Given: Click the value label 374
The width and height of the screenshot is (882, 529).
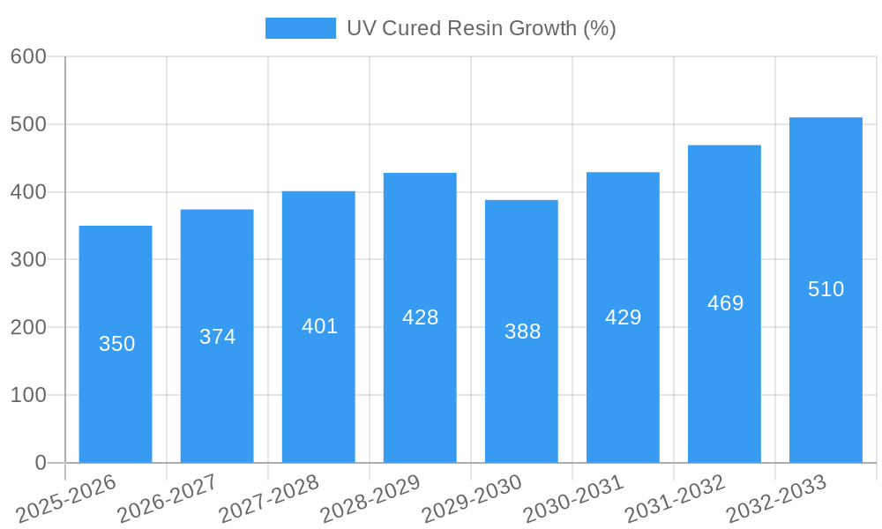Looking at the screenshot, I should tap(217, 337).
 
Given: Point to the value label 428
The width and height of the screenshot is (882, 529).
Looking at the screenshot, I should tap(420, 317).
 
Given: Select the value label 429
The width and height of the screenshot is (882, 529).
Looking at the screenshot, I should tap(623, 317).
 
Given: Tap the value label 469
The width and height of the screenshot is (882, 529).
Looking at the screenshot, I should tap(725, 303).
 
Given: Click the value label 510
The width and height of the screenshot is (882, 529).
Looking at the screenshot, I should tap(826, 289).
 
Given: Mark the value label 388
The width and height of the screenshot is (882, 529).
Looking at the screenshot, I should tap(522, 332).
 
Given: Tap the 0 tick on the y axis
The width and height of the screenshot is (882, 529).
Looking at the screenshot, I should tap(40, 463).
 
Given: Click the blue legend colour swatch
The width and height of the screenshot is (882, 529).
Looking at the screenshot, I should tap(300, 28).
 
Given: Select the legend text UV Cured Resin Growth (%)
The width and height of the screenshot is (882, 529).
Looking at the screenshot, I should tap(481, 28).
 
